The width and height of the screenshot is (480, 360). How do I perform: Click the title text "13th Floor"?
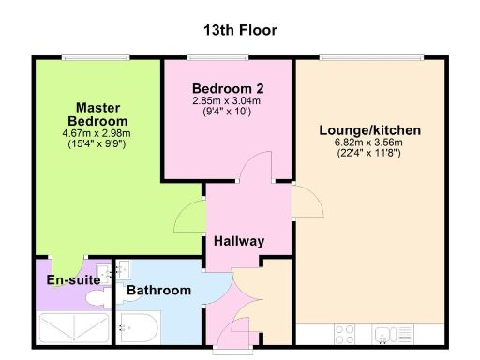point(240,30)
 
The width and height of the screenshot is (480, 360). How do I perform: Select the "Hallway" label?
point(238,241)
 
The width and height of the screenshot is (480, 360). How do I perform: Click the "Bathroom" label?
point(159,291)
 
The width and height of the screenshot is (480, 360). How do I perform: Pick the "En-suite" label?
point(67,279)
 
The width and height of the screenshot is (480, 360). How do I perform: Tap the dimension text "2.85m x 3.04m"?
point(226,100)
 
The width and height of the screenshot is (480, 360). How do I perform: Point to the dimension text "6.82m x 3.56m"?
point(367,143)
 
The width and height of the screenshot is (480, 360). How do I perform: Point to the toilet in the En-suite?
point(97,297)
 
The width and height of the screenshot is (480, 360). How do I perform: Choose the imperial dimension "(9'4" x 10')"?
point(226,112)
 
